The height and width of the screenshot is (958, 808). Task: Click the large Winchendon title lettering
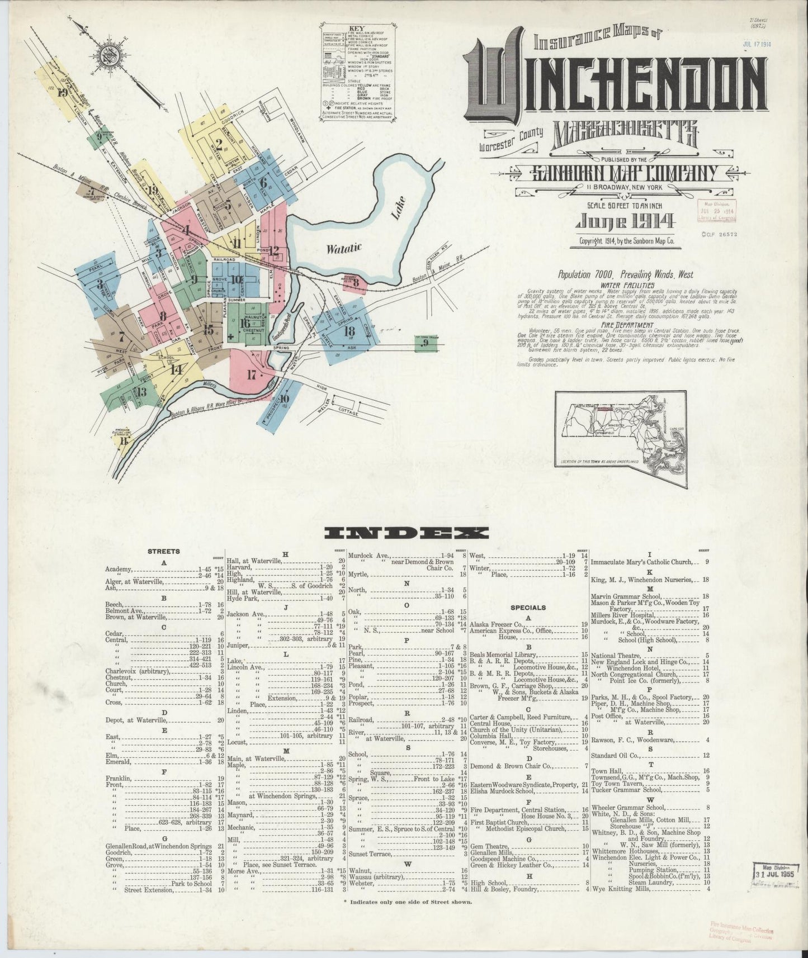tap(609, 84)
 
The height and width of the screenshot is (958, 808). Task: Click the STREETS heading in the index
tap(163, 551)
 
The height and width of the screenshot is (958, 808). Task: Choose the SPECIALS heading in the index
tap(528, 607)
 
